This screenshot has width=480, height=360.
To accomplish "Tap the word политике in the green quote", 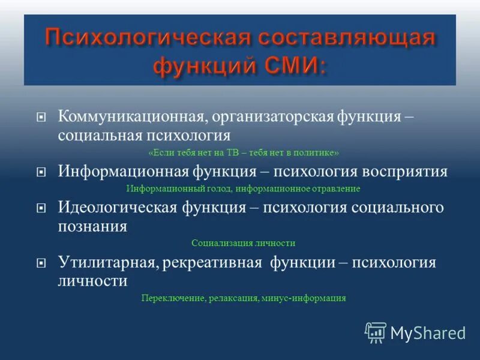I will point(317,152).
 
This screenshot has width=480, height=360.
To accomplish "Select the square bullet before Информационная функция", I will point(41,172).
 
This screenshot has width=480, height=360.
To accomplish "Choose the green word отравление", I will point(337,188).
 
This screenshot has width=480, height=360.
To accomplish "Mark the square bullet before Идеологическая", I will point(41,208).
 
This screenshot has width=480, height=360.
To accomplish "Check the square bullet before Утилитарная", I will point(41,263).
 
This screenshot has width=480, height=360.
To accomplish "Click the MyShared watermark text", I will point(428,333).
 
